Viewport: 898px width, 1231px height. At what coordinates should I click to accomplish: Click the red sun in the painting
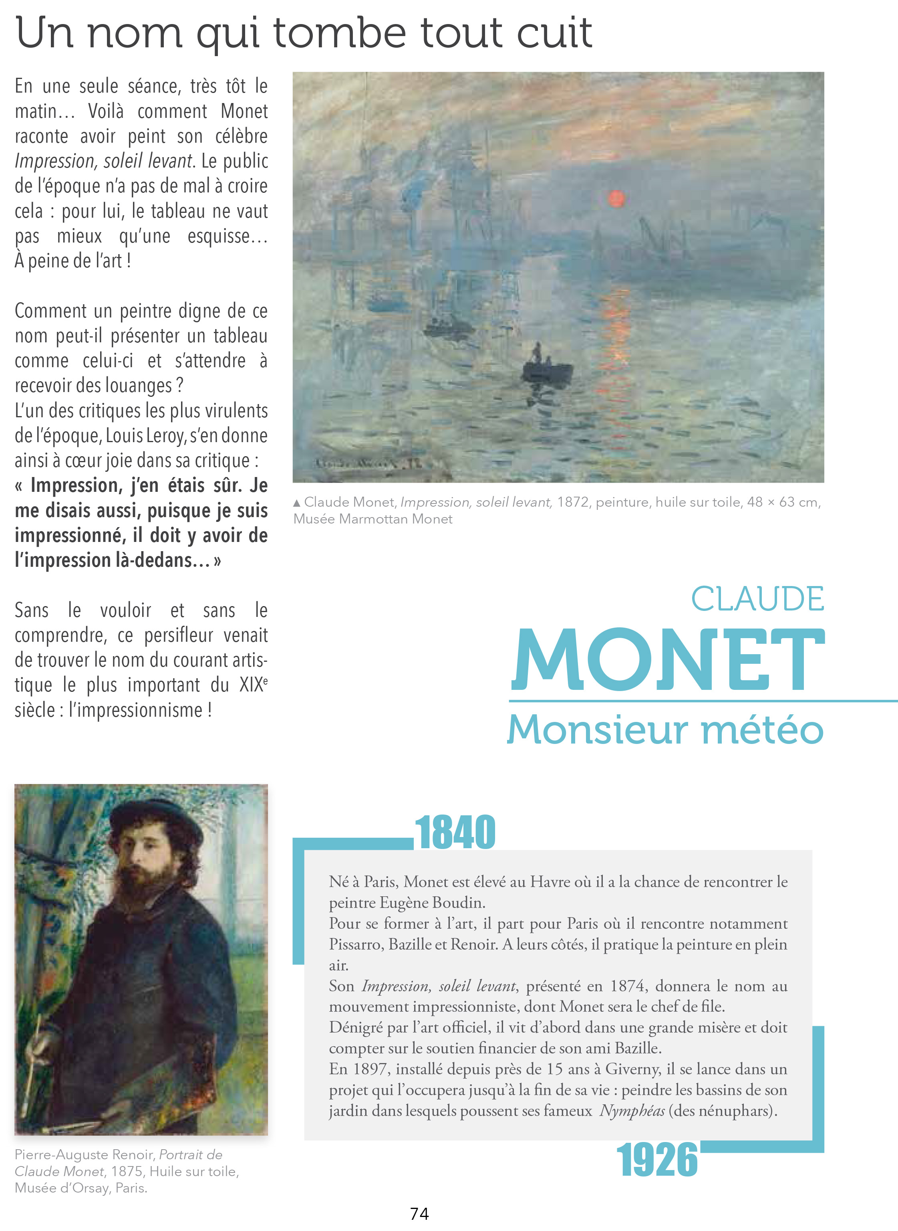[616, 198]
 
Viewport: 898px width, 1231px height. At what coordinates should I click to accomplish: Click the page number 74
[419, 1214]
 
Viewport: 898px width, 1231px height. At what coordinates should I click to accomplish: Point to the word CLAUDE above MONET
[757, 599]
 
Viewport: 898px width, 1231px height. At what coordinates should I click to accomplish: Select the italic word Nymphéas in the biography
[632, 1110]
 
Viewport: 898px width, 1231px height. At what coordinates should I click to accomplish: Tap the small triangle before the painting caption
[297, 503]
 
